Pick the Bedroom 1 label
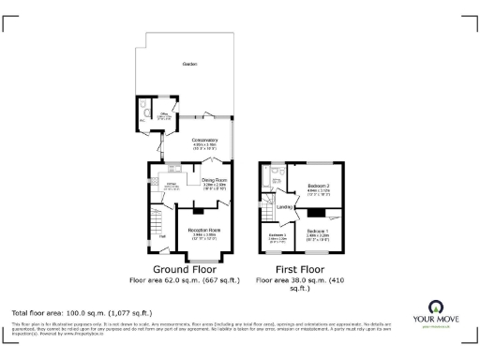pos(316,231)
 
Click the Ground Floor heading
pos(186,268)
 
